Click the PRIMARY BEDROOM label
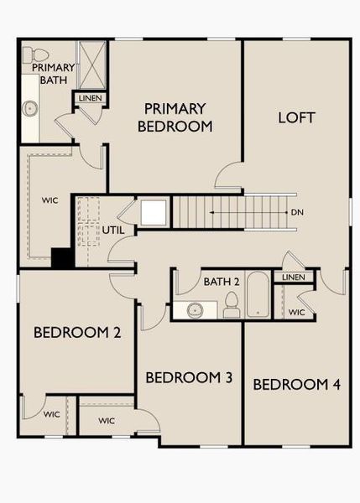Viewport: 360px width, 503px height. [175, 117]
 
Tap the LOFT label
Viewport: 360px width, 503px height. [296, 117]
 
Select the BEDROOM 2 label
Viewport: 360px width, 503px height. [77, 333]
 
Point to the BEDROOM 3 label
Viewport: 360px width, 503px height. [189, 377]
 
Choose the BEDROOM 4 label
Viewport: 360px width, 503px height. [296, 385]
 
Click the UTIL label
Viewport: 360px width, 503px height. [114, 229]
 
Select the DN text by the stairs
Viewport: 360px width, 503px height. [297, 213]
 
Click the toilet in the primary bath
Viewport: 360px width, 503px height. [30, 55]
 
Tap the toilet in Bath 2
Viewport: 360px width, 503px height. [232, 307]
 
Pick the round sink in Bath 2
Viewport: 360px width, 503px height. [195, 310]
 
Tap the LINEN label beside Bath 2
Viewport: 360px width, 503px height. [293, 277]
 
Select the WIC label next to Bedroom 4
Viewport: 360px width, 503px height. [295, 313]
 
